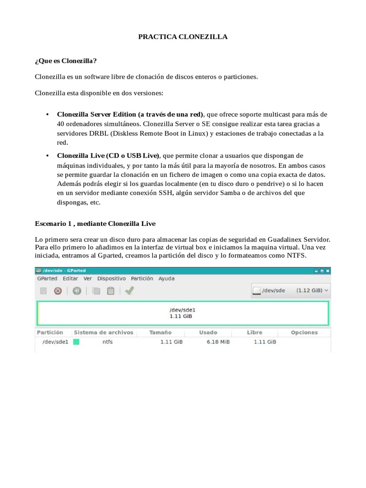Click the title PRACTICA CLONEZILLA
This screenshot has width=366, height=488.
tap(183, 36)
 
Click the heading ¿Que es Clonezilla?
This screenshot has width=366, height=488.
tap(66, 61)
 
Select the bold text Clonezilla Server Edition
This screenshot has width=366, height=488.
tap(96, 114)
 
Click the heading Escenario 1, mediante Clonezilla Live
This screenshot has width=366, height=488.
tap(95, 223)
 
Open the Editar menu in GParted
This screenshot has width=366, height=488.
tap(71, 278)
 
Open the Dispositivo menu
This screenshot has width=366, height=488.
tap(112, 278)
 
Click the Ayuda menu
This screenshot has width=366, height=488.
tap(166, 278)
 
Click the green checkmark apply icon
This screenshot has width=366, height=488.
tap(129, 290)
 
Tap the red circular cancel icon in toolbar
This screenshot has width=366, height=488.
tap(58, 290)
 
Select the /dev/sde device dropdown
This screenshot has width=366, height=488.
tap(291, 290)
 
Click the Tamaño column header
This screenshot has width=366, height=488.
tap(160, 332)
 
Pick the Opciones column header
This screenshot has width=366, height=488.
tap(304, 332)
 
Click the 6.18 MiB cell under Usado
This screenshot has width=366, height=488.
tap(218, 342)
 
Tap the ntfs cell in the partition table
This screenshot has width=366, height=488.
tap(107, 342)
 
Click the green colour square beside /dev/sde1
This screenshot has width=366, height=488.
tap(76, 342)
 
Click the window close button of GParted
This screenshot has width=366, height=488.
tap(327, 270)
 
